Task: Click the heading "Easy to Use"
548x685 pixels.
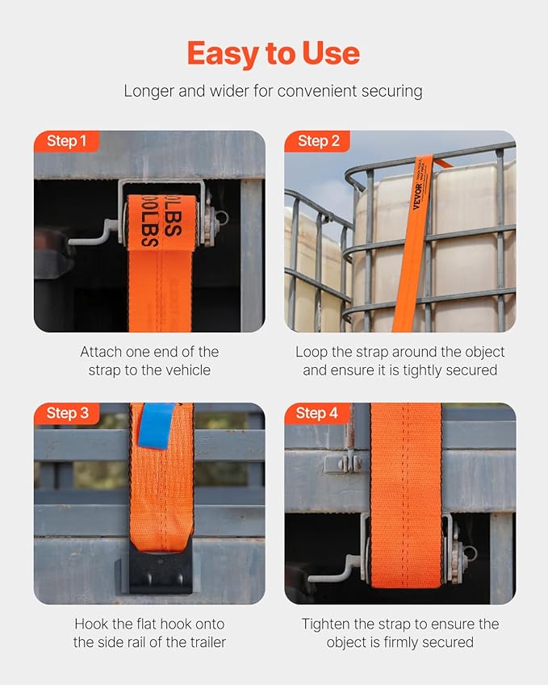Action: pyautogui.click(x=273, y=54)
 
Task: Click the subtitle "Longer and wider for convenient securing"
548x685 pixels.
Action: pyautogui.click(x=273, y=90)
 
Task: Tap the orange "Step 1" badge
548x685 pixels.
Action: pyautogui.click(x=66, y=142)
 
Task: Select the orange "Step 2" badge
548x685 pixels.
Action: pyautogui.click(x=317, y=142)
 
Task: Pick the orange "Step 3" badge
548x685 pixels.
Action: pyautogui.click(x=67, y=414)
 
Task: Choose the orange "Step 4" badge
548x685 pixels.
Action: pyautogui.click(x=317, y=414)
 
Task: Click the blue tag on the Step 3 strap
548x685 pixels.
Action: pyautogui.click(x=156, y=425)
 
